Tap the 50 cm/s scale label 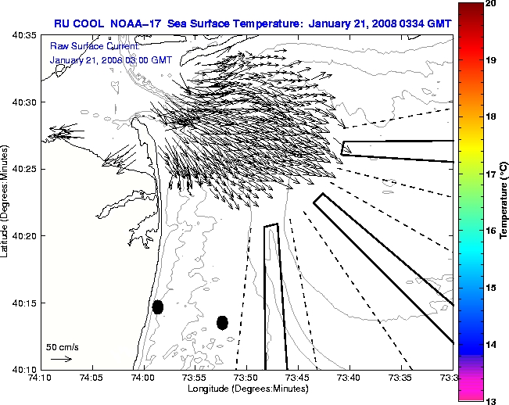point(63,346)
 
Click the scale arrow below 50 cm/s point(62,359)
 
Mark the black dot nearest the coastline point(158,306)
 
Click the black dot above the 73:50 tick point(223,322)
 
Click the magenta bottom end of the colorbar point(469,391)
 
